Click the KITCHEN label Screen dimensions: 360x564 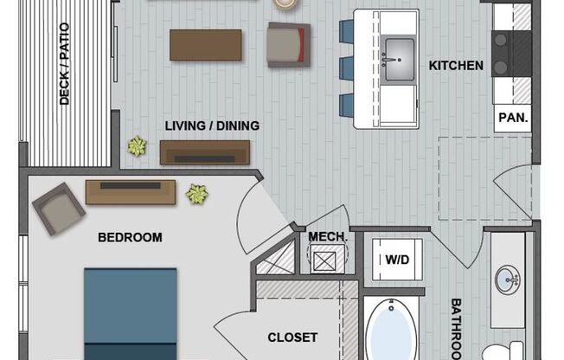tap(456, 65)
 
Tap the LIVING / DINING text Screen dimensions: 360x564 tap(212, 125)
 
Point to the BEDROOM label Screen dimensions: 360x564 tap(130, 237)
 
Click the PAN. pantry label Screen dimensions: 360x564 tap(511, 117)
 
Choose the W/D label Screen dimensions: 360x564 tap(397, 259)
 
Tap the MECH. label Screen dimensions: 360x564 tap(328, 236)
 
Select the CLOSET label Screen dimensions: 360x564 tap(292, 337)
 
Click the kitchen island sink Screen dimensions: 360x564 tap(399, 56)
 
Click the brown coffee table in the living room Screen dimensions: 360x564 tap(206, 45)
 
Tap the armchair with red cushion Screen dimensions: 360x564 tap(288, 44)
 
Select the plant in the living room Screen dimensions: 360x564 tap(136, 146)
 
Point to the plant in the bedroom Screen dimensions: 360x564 tap(197, 194)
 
